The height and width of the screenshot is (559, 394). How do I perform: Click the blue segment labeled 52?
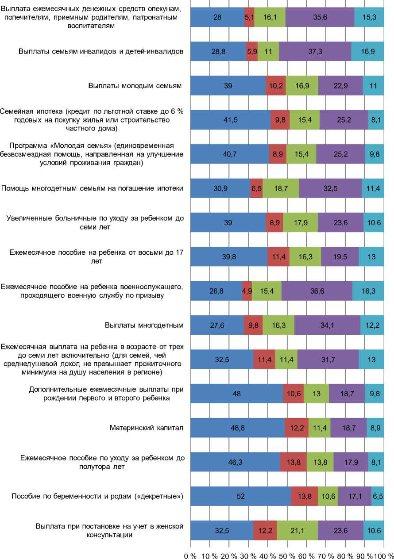(x=240, y=496)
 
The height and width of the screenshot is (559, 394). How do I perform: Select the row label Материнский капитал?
(x=147, y=428)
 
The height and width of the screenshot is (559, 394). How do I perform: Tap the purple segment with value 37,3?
(x=315, y=51)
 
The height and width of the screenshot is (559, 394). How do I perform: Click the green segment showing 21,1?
(x=297, y=530)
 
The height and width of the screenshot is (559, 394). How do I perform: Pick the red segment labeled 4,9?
(x=247, y=291)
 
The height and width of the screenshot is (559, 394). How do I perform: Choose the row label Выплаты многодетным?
(x=144, y=325)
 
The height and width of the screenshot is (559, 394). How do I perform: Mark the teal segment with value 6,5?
(x=378, y=496)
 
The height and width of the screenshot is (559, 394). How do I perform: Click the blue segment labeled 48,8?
(x=237, y=428)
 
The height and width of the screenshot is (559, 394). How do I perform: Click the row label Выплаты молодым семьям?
(x=135, y=85)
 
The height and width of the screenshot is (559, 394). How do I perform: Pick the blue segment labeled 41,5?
(x=230, y=120)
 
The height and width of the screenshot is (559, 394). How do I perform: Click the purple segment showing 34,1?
(x=327, y=325)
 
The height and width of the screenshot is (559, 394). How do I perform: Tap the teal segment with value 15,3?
(x=369, y=17)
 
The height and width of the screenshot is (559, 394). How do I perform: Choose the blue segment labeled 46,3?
(x=235, y=462)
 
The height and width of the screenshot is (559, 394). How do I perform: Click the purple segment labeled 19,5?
(x=340, y=257)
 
